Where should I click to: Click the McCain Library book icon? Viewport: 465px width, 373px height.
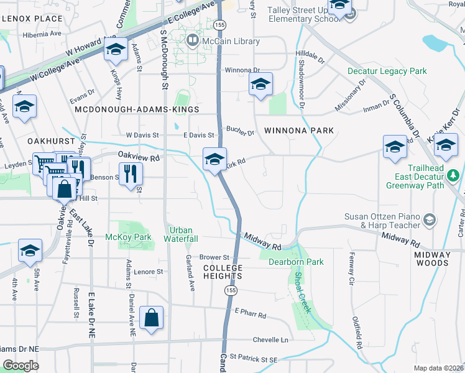[193, 42]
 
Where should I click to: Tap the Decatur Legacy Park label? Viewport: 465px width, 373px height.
[387, 71]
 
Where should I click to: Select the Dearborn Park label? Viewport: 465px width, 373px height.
[296, 262]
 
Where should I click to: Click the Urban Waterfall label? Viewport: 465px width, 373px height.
[181, 234]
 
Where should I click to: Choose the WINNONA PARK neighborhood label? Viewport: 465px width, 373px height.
[298, 131]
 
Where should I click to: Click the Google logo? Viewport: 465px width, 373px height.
[21, 366]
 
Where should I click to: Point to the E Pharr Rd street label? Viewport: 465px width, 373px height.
[250, 315]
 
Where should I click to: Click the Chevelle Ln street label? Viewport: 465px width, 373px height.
[270, 340]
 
